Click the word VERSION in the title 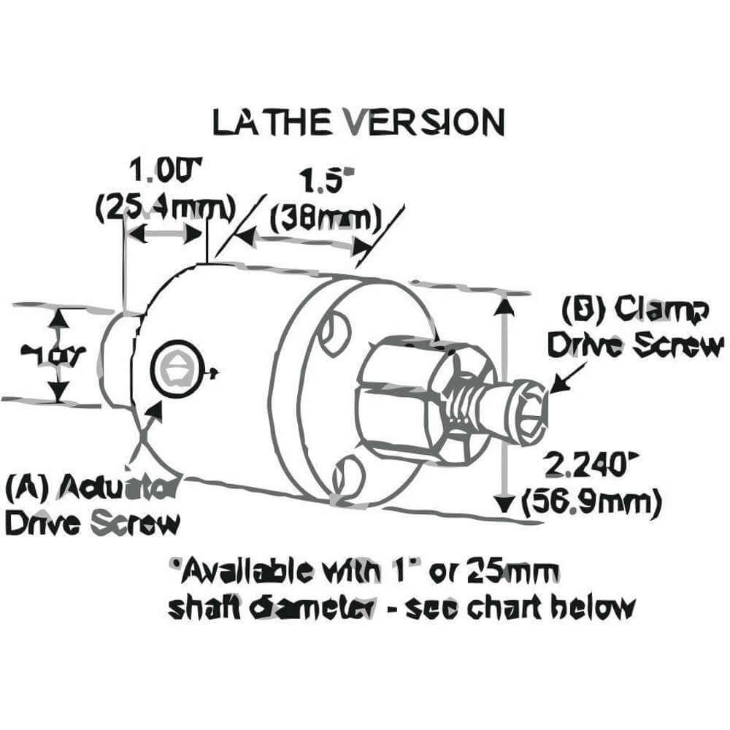point(423,122)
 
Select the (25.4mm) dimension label point(166,207)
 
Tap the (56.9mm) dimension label point(593,501)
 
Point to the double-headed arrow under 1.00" point(164,235)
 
